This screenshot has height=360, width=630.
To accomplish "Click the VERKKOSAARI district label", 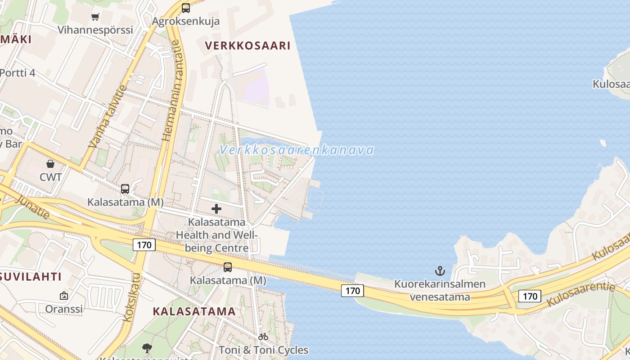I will click(247, 45).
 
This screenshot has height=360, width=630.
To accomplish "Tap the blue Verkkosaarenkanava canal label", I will click(297, 150).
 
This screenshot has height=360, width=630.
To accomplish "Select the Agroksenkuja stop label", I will click(185, 21).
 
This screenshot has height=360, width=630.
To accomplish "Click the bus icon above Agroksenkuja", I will click(185, 8).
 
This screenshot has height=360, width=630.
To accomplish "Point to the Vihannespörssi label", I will click(95, 30).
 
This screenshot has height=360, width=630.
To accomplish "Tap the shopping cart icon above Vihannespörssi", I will click(95, 17).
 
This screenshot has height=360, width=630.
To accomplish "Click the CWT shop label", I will click(50, 177).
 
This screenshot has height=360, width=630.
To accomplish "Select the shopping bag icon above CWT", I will click(50, 164).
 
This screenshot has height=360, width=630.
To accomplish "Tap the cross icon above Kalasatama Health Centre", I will click(216, 209).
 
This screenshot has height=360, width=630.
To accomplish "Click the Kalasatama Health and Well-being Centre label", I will click(217, 235).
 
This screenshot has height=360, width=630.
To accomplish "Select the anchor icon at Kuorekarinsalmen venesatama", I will click(440, 271).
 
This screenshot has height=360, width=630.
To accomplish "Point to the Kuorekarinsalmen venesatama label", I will click(440, 290).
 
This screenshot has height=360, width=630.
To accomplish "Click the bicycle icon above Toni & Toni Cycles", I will click(263, 337).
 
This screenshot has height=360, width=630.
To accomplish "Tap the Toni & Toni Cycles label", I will click(263, 350).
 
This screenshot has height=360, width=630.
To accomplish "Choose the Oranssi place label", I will click(64, 309).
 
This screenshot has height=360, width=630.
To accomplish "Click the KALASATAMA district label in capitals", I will click(194, 311).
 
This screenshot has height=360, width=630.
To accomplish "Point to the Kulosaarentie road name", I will click(580, 295).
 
